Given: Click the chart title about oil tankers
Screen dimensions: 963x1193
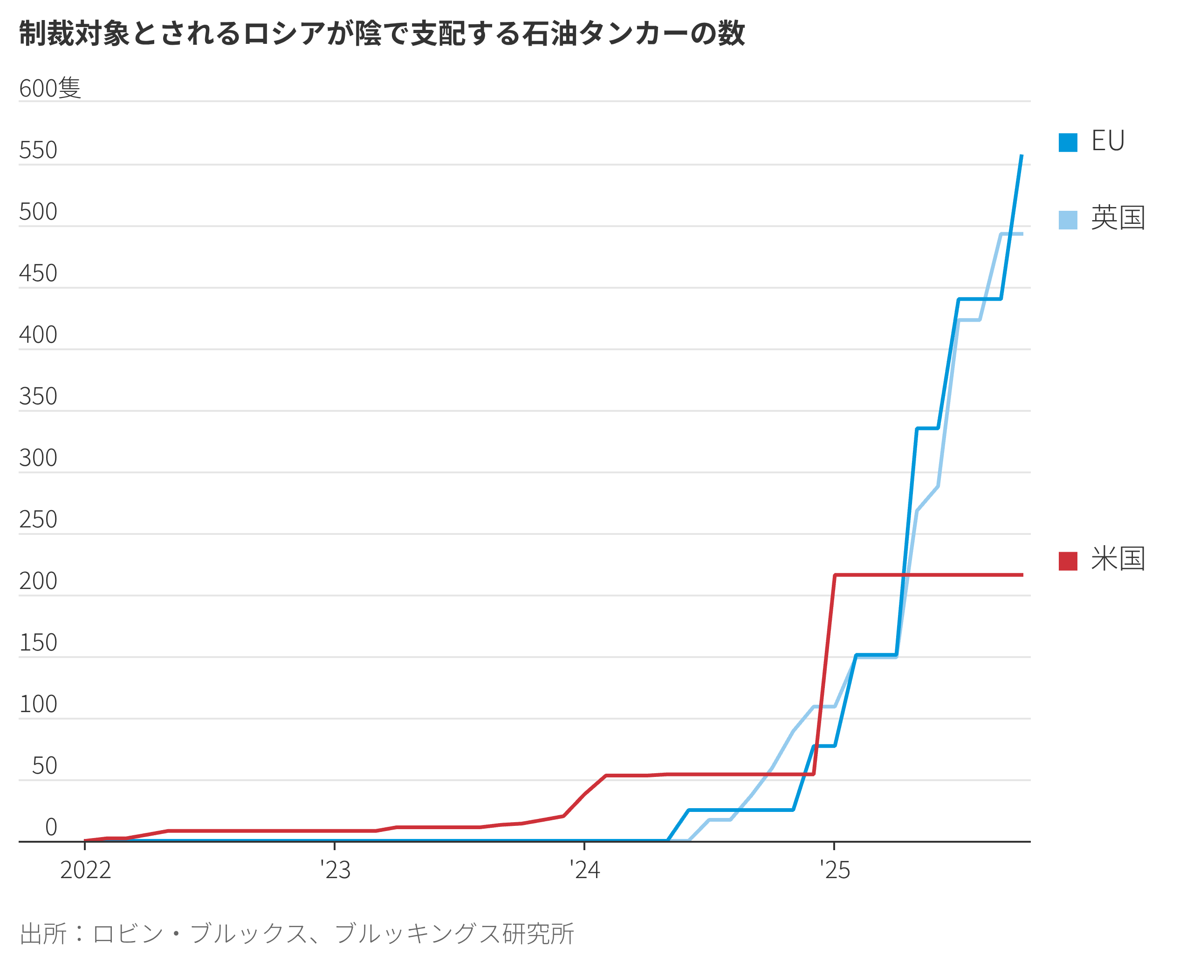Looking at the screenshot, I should coord(382,33).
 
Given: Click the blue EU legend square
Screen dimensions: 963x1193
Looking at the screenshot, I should coord(1068,143).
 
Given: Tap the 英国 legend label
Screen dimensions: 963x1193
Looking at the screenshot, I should coord(1118,218).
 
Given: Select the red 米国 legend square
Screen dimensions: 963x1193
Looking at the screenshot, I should coord(1068,561).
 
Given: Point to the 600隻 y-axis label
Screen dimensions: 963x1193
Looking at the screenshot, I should coord(50,88).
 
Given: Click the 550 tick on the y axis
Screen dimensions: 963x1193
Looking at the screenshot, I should coord(38,150).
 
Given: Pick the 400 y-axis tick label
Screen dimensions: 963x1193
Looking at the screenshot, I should coord(38,335).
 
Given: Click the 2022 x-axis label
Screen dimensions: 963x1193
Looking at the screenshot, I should coord(85,870).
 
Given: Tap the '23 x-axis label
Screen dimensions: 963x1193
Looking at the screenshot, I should coord(336,870).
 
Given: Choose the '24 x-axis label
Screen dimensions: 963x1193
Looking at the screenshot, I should coord(585,870).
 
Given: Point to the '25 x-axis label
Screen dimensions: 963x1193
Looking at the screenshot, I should coord(835,870).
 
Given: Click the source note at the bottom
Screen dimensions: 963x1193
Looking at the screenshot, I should coord(296,934).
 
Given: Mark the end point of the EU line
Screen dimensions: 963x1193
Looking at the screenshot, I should coord(1022,156).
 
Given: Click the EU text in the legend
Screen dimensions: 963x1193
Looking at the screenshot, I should coord(1108,141).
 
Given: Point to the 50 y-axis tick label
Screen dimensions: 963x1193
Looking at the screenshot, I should coord(44,766).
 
